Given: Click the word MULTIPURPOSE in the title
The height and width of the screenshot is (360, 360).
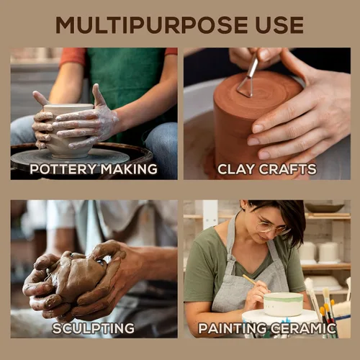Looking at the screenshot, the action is [x=152, y=25].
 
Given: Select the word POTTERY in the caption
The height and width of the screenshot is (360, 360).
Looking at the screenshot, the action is [x=63, y=169].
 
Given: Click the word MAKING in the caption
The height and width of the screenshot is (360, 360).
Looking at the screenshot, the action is [x=129, y=169].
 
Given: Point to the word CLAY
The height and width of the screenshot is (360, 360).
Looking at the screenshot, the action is [x=236, y=169].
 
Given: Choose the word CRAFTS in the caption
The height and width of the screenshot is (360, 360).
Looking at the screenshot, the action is [x=288, y=169].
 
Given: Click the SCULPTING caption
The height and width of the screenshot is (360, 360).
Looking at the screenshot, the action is [x=94, y=328].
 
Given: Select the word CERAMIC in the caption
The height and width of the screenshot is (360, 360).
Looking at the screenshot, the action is [x=304, y=328].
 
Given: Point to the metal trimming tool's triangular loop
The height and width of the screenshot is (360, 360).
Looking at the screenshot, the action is [x=245, y=88].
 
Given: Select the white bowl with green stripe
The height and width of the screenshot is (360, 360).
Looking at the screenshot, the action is [x=284, y=304].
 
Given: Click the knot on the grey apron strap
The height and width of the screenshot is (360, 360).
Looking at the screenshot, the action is [x=230, y=261].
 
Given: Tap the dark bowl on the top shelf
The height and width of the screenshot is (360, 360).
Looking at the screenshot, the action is [x=325, y=208].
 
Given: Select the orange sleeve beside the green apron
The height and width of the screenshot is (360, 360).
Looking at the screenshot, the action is [x=73, y=56].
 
